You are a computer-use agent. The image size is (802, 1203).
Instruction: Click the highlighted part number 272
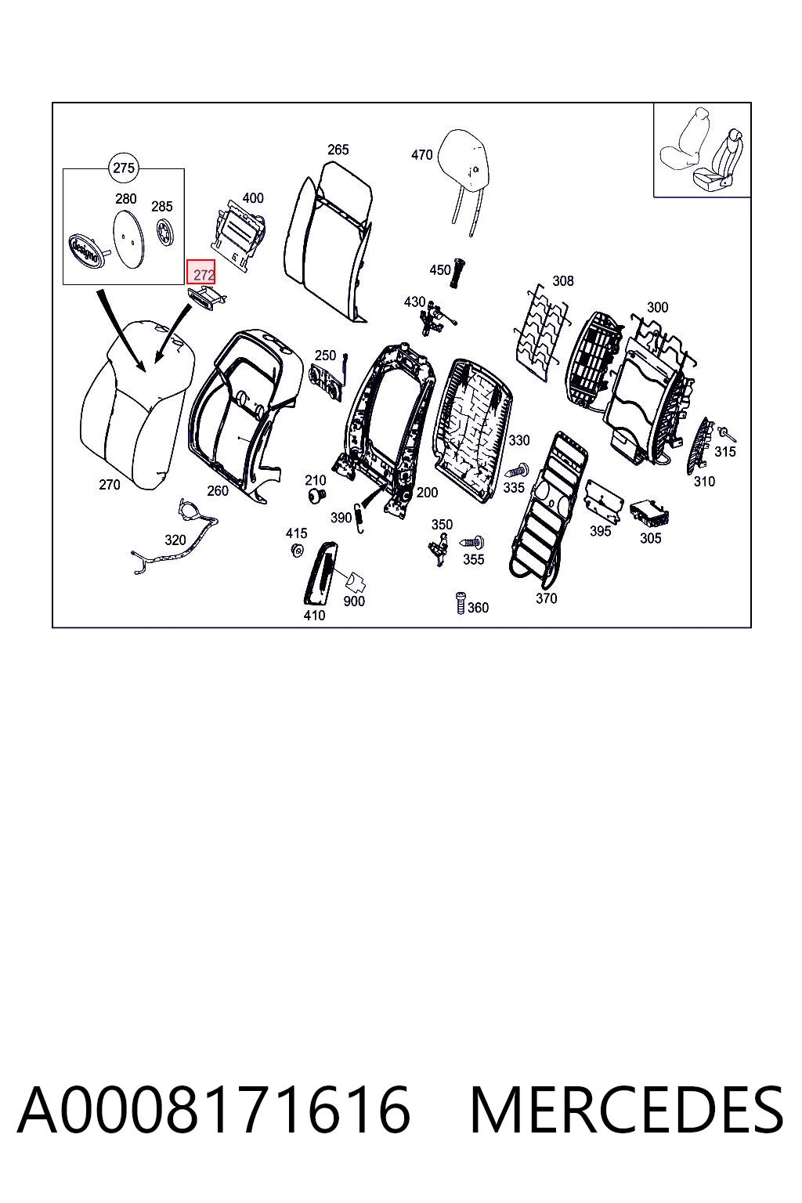click(x=201, y=273)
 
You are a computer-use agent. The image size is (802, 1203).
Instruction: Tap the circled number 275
click(x=124, y=168)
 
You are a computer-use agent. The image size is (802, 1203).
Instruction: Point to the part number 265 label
click(x=338, y=150)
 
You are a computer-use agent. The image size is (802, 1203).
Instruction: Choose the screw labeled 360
click(x=460, y=603)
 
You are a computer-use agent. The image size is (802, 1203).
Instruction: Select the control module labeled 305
click(x=649, y=515)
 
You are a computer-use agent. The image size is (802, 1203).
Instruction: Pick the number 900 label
click(x=354, y=601)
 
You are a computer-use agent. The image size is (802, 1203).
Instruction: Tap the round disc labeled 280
click(x=128, y=238)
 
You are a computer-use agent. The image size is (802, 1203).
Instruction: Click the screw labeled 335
click(x=516, y=471)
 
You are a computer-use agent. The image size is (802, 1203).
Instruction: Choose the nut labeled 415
click(x=296, y=549)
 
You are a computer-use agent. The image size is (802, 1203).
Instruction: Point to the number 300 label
click(x=658, y=307)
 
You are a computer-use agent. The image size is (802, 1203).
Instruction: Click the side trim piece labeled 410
click(x=320, y=573)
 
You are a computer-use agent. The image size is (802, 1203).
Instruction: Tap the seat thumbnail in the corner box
click(x=703, y=150)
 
